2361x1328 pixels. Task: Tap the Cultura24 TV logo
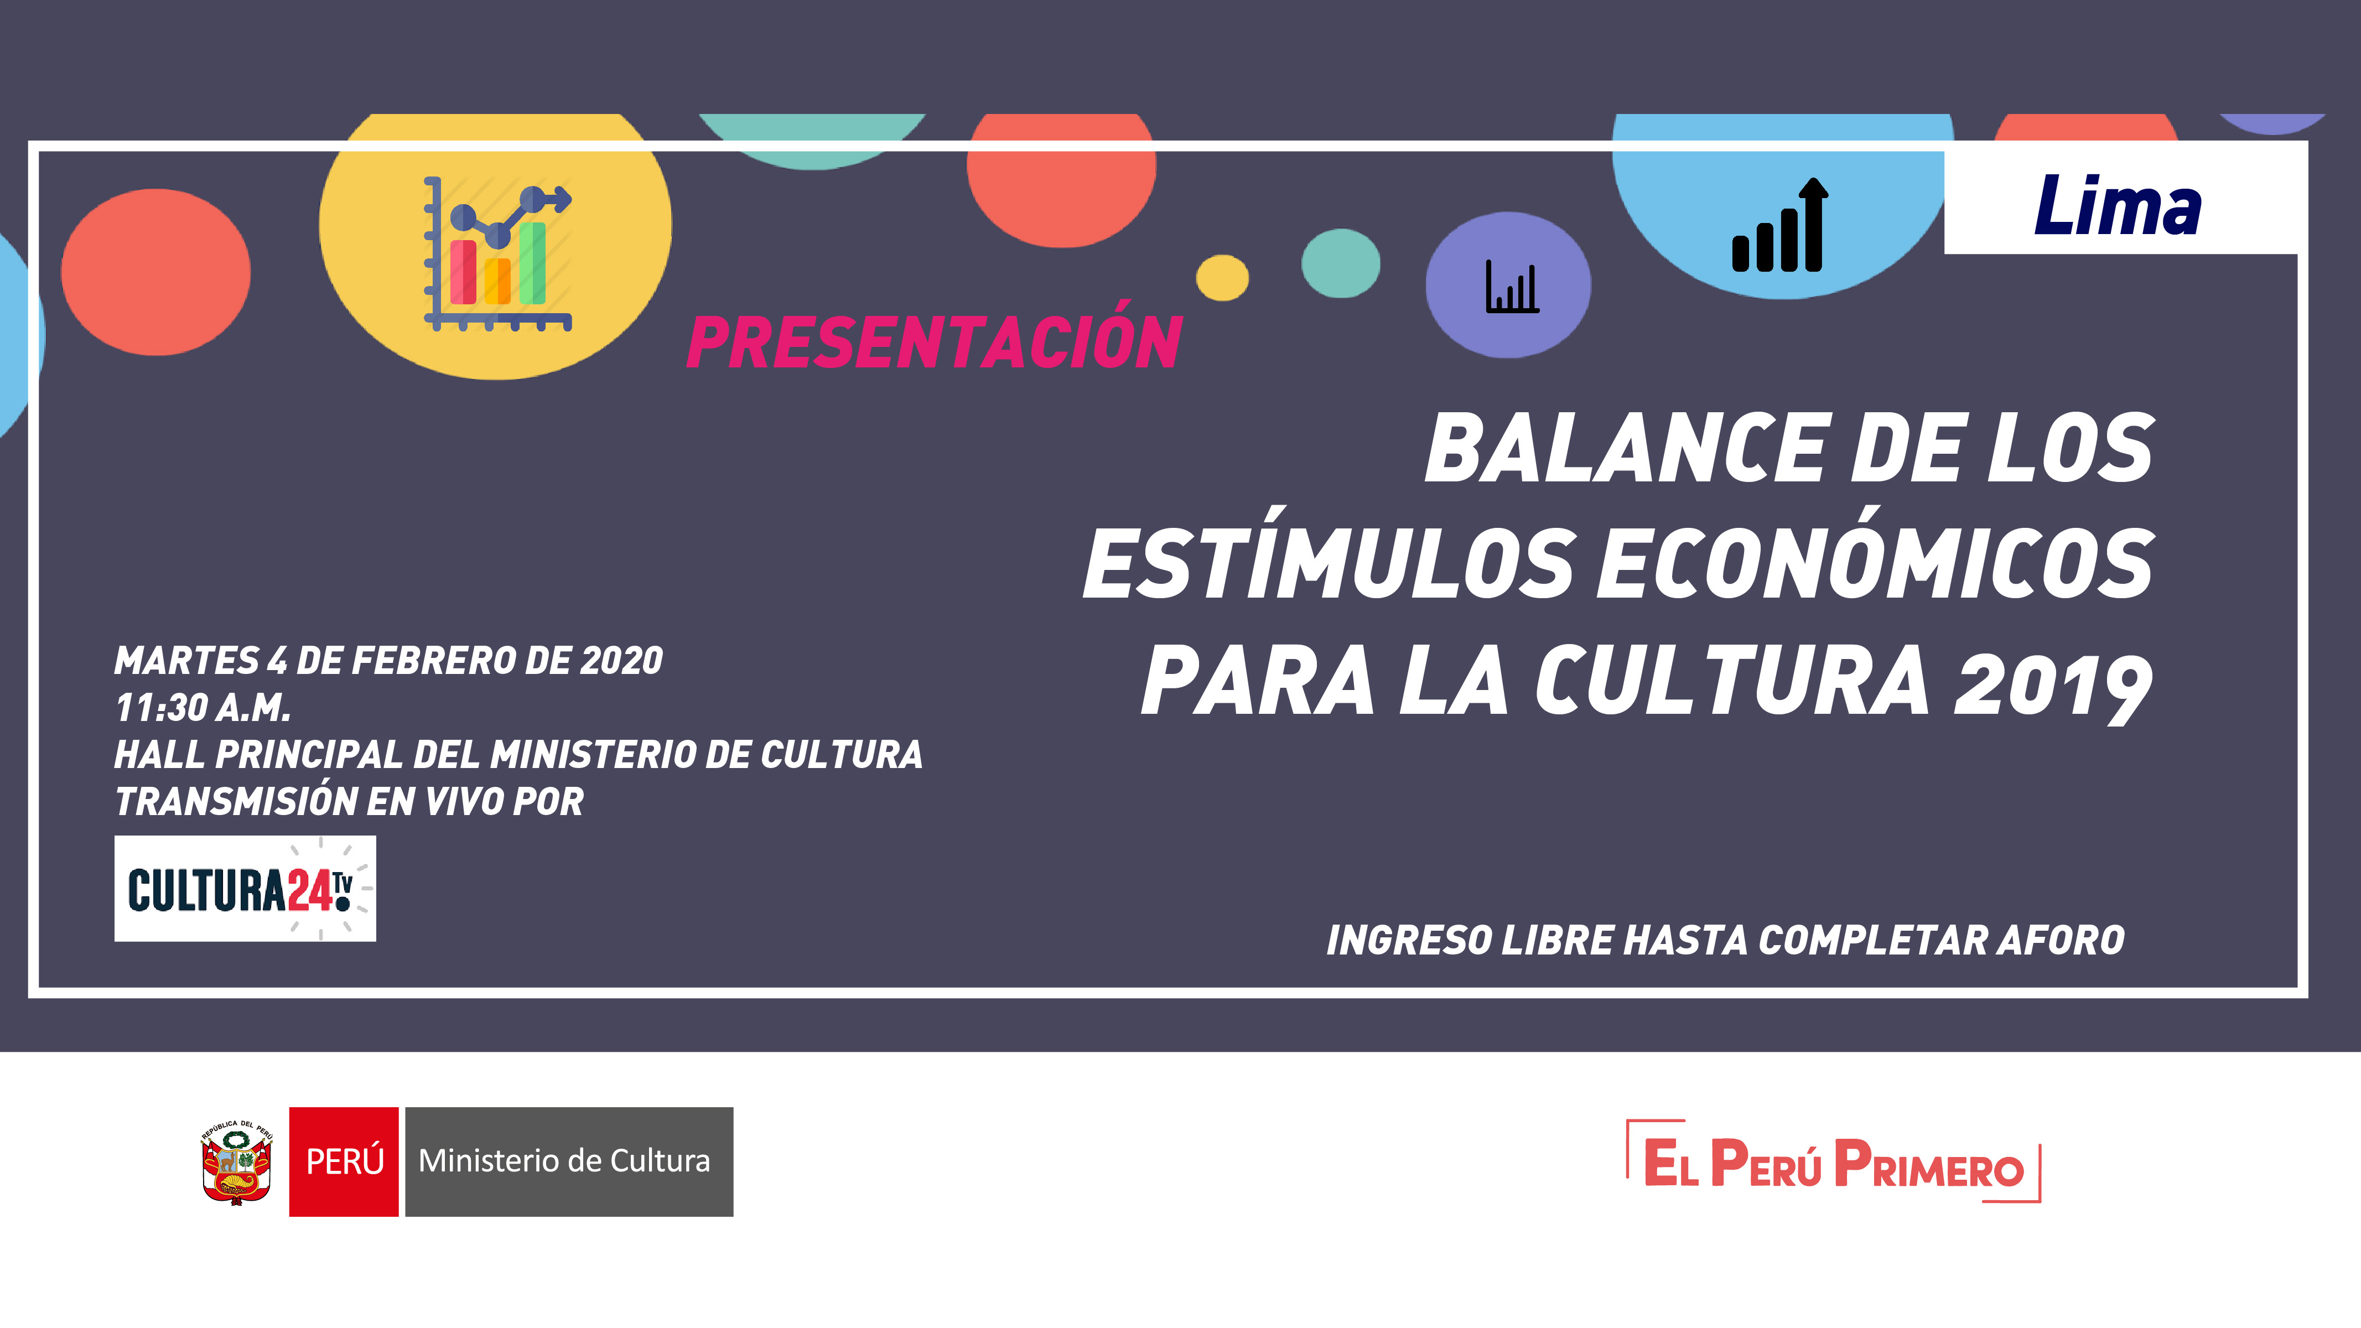click(245, 888)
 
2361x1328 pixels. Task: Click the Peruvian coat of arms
click(236, 1162)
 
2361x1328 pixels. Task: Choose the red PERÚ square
click(344, 1161)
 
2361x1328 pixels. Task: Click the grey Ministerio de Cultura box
click(569, 1161)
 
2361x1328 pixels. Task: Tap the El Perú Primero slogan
click(1833, 1161)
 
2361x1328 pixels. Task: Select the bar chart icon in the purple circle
click(1511, 286)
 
